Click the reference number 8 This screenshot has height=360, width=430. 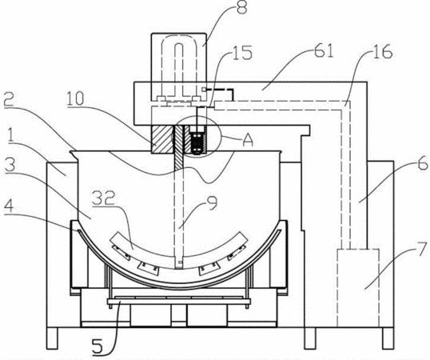241,7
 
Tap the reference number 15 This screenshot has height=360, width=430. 242,52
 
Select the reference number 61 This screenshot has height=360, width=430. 324,50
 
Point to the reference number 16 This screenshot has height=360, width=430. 383,51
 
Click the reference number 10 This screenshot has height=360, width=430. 75,98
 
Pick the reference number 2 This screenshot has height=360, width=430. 10,99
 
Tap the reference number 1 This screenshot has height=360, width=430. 11,136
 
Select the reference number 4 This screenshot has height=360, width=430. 9,206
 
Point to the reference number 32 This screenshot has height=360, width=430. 103,198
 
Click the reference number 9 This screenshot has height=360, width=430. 212,202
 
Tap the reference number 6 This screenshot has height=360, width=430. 422,162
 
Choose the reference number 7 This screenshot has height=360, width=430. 423,250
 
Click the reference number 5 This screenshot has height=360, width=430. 98,346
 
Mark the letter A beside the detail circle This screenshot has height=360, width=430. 248,140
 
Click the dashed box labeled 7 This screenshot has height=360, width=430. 358,288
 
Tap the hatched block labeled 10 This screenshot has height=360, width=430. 161,139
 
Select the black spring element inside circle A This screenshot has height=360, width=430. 197,142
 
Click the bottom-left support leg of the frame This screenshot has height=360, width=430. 53,338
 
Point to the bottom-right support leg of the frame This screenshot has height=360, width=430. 388,338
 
